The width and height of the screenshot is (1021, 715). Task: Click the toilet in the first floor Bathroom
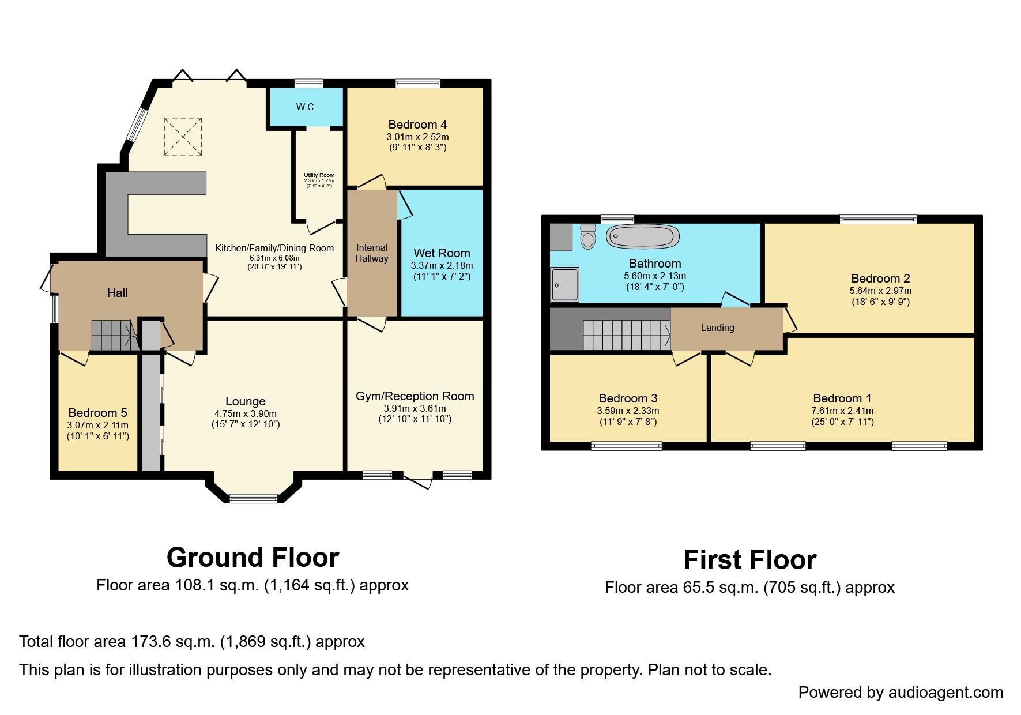[588, 238]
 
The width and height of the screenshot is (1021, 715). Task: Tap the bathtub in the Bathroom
[643, 236]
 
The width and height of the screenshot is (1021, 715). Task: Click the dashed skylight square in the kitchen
[183, 136]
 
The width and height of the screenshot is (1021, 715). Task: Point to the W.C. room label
[306, 107]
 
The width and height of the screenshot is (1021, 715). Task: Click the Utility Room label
[319, 175]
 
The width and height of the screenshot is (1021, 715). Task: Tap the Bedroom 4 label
[417, 125]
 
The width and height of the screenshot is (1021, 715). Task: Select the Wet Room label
[442, 253]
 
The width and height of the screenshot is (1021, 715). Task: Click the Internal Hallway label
[372, 253]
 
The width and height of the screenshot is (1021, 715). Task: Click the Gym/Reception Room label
[415, 396]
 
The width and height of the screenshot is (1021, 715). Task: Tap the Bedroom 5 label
[97, 413]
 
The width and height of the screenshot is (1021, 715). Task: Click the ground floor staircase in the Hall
[114, 335]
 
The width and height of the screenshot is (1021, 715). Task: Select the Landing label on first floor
[717, 328]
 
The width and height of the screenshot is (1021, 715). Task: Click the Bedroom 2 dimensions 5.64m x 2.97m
[880, 291]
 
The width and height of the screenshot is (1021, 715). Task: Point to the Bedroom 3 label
[628, 398]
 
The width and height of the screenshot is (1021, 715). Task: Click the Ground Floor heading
[253, 558]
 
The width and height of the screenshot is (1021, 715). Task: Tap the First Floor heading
[749, 560]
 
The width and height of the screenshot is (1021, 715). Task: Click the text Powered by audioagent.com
[901, 692]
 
